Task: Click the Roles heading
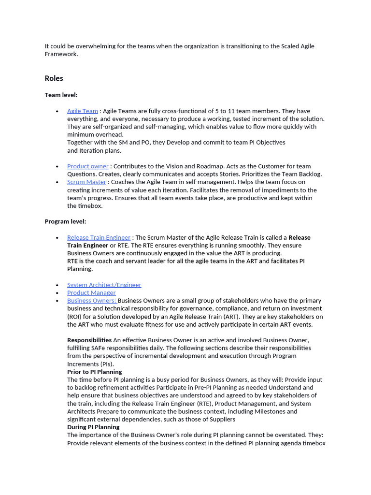click(x=54, y=78)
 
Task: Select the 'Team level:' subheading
click(x=61, y=95)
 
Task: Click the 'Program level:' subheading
click(x=65, y=221)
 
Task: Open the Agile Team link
click(x=83, y=111)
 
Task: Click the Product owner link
click(x=88, y=166)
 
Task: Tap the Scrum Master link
click(x=86, y=182)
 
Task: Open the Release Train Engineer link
click(x=99, y=237)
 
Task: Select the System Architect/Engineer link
click(x=104, y=285)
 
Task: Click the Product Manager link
click(x=91, y=292)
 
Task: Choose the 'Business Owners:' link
click(x=91, y=301)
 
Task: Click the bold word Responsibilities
click(x=89, y=340)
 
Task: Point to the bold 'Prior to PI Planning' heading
click(x=94, y=372)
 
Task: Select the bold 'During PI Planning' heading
click(x=93, y=427)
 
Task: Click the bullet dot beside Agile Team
click(x=58, y=111)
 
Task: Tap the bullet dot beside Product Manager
click(x=58, y=293)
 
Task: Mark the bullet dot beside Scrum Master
click(x=58, y=182)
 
